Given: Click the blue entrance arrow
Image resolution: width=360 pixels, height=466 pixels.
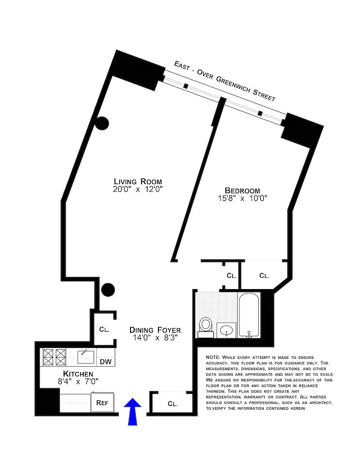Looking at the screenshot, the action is [132, 412].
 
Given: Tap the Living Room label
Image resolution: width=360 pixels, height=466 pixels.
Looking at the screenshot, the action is [138, 181].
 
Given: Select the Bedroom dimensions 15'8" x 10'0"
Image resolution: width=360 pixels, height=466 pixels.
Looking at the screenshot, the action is [243, 198].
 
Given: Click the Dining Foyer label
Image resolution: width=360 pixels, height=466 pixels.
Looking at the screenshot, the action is [155, 330].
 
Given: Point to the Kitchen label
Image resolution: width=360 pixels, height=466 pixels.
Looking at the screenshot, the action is [78, 374].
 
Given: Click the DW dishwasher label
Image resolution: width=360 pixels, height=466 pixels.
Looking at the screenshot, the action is [106, 362].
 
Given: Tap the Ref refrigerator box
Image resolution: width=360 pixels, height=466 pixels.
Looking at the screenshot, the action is [102, 403].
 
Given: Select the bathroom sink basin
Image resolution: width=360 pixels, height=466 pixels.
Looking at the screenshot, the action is [226, 330].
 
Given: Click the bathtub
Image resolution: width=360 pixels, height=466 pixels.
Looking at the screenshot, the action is [249, 315].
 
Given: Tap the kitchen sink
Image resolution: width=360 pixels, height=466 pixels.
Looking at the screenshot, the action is [86, 357].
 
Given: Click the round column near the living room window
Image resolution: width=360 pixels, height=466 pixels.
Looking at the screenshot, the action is [102, 123].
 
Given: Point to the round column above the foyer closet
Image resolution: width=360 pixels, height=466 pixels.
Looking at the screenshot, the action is [108, 290].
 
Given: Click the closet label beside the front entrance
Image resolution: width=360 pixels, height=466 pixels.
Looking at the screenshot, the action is [172, 403].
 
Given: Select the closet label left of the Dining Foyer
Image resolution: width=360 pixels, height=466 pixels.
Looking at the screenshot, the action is [104, 329].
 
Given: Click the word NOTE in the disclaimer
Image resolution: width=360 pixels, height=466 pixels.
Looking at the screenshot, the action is [212, 357].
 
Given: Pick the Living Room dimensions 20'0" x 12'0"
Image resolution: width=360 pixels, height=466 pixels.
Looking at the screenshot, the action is [138, 189].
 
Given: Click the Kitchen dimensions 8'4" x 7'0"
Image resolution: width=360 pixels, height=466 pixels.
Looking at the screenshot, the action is [78, 381].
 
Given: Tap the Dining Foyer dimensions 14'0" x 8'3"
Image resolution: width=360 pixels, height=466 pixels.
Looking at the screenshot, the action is [155, 338].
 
